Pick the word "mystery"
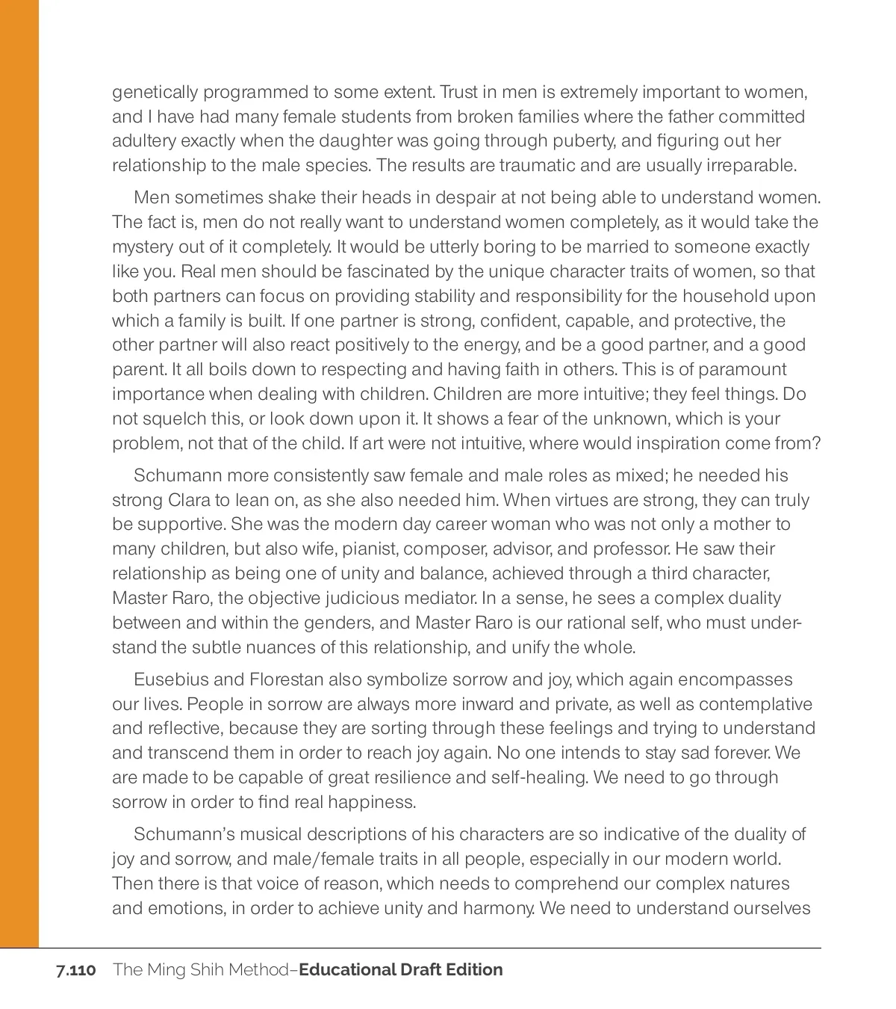(142, 247)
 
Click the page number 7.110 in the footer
(75, 970)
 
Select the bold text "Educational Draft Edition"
(401, 970)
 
